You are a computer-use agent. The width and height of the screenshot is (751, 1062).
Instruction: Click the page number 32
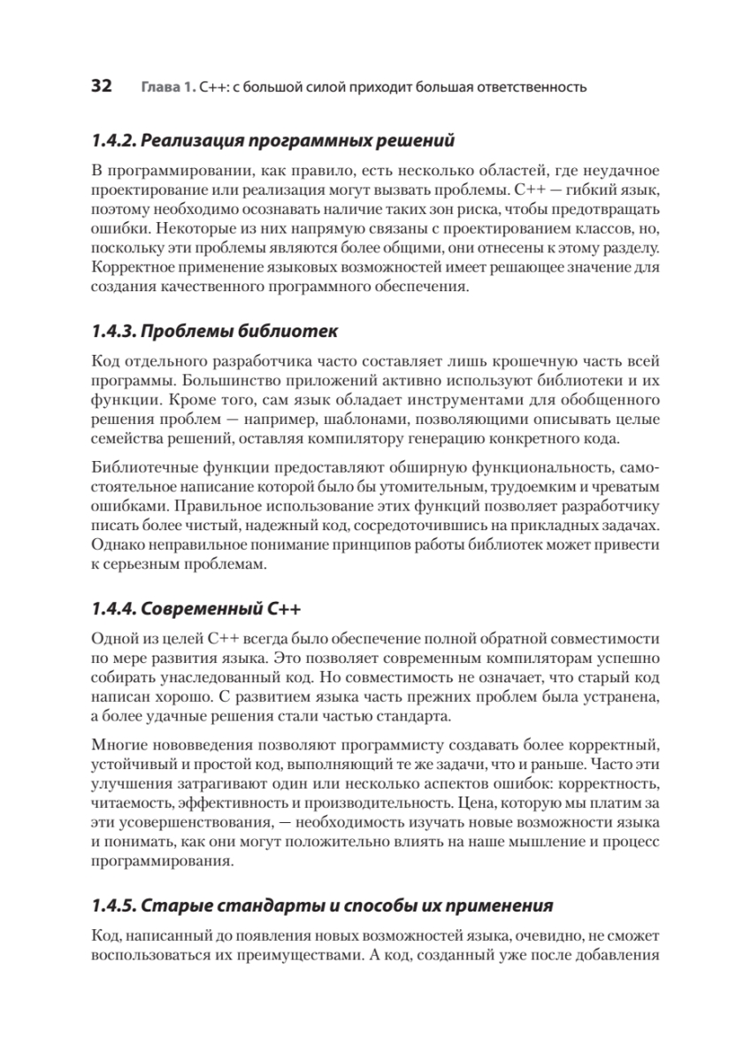click(101, 87)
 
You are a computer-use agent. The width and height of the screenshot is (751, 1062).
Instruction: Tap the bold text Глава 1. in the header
click(166, 88)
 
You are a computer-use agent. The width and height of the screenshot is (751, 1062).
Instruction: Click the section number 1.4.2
click(113, 140)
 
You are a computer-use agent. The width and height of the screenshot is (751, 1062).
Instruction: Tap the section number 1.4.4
click(113, 608)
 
